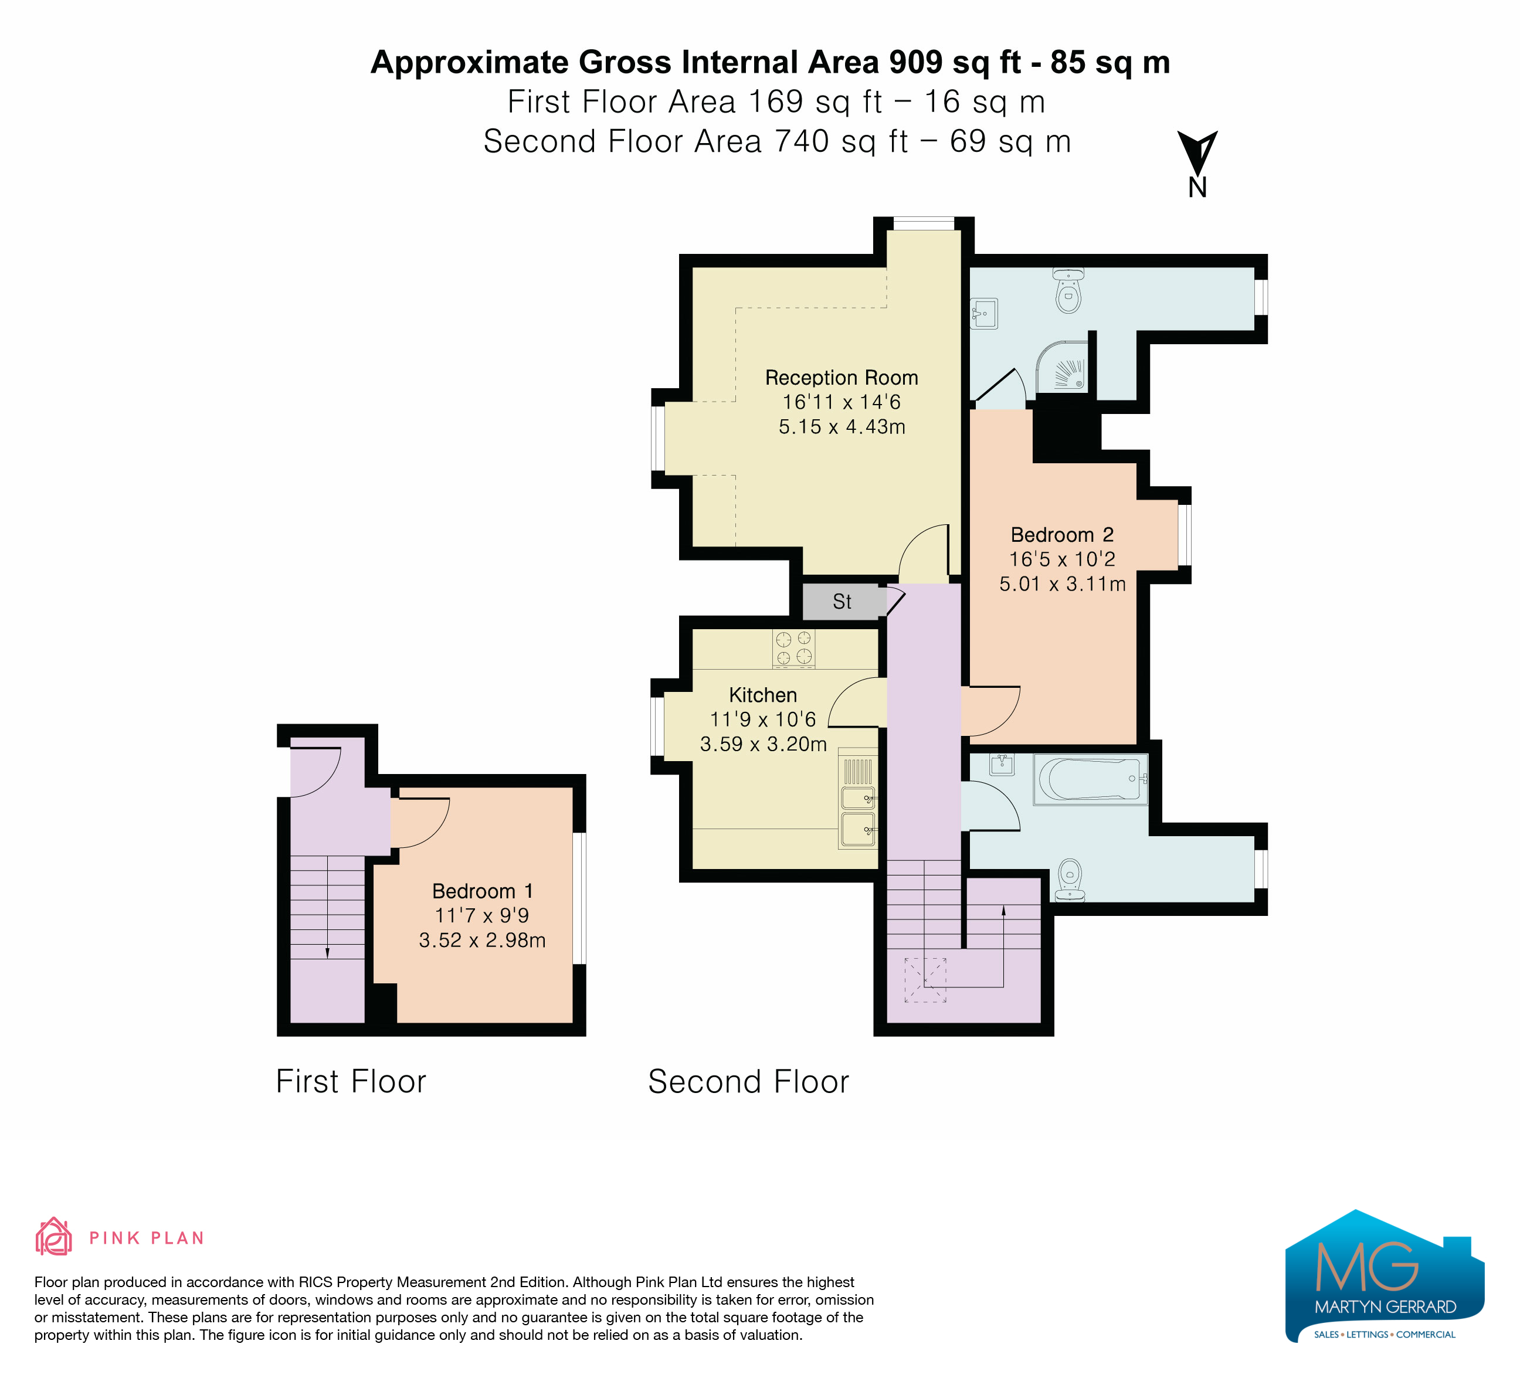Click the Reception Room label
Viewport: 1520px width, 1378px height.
point(842,378)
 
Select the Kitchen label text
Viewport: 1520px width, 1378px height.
point(763,695)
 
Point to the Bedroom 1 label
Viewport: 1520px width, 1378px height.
point(483,891)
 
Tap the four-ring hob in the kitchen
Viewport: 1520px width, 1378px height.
point(794,649)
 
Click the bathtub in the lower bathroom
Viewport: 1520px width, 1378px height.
point(1090,779)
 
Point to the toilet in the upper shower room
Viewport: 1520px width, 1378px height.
point(1068,290)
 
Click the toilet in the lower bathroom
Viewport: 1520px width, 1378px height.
point(1070,880)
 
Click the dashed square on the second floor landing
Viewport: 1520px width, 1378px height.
point(925,980)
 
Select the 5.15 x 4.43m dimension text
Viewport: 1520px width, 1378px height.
point(842,427)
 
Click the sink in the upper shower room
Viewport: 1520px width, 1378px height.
point(984,314)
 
